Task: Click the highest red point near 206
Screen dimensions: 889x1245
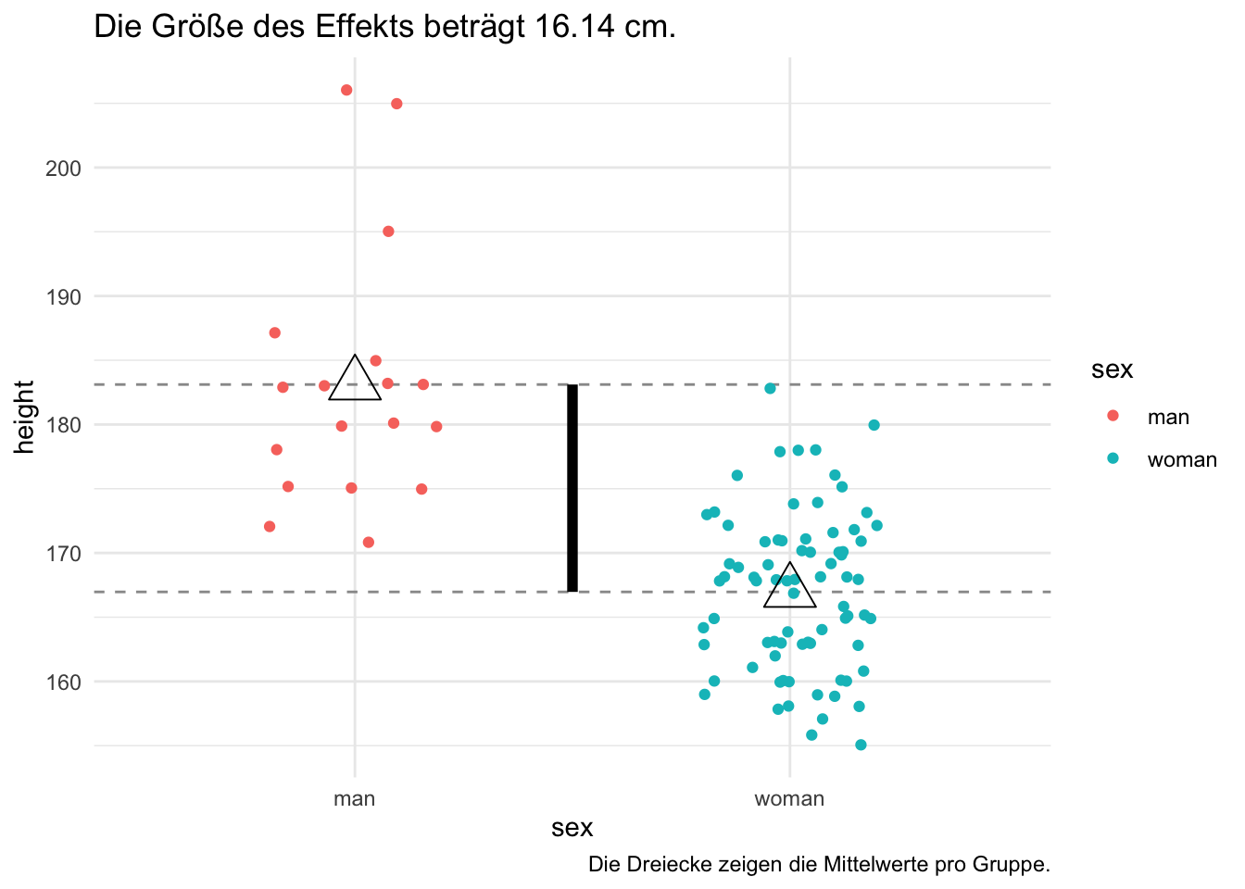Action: (x=346, y=90)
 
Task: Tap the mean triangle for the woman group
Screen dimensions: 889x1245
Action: (x=790, y=589)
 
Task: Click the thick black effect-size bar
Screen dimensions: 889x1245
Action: (x=572, y=488)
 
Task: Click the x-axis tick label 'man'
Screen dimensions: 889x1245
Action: (x=355, y=799)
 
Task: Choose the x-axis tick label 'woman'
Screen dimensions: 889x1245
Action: (x=789, y=799)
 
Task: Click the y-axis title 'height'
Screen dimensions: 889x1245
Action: (x=25, y=417)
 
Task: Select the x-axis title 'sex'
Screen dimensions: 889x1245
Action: (x=572, y=828)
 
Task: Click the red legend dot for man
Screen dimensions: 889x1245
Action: (x=1113, y=417)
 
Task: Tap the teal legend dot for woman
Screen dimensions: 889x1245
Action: (x=1113, y=459)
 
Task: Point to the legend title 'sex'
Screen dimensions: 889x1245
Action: (x=1112, y=369)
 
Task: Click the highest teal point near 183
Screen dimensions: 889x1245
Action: (x=770, y=388)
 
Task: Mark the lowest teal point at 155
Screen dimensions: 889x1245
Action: (x=861, y=745)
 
